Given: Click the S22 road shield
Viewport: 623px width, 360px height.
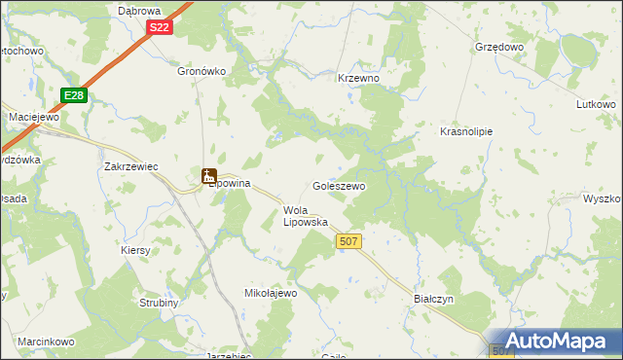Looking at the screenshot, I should [x=161, y=28].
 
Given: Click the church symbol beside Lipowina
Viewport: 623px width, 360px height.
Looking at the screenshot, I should [x=207, y=176].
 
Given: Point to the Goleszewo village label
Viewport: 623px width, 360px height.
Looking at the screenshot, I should [x=339, y=185].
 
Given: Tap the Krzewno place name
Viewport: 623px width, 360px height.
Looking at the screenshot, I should [x=357, y=78].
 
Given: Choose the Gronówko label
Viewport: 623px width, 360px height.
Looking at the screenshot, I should [x=202, y=71].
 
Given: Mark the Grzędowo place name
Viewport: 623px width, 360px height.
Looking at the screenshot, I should [x=499, y=47].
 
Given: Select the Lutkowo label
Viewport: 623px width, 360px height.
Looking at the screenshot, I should [x=596, y=104].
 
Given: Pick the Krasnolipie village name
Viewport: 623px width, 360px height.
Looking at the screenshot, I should [x=466, y=131].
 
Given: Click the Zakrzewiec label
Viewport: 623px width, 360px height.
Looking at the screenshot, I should [x=131, y=166].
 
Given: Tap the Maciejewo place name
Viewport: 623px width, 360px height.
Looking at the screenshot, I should [x=34, y=117].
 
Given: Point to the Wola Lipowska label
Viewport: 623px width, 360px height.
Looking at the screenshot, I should [x=305, y=216].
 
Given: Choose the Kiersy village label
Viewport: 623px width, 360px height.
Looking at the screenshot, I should [x=135, y=250].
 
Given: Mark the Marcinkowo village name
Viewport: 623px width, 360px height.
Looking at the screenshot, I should [x=46, y=342].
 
